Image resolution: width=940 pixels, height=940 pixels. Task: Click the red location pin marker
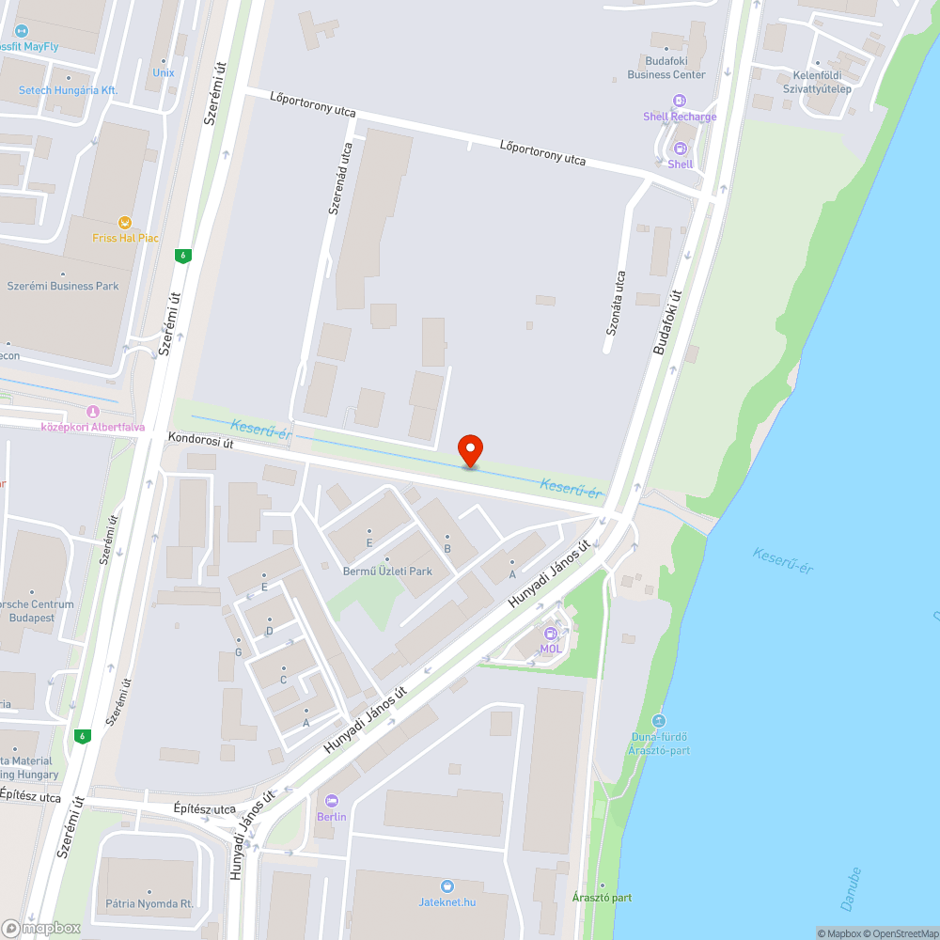point(470,451)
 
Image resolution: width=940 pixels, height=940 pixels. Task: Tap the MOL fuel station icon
point(551,634)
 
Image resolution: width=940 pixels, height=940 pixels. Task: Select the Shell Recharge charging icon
point(680,101)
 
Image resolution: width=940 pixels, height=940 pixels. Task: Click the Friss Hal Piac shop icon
point(124,223)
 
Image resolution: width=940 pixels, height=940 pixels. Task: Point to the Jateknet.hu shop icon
point(447,886)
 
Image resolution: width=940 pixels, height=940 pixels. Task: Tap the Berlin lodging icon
point(331,801)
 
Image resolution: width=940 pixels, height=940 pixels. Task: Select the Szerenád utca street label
point(340,179)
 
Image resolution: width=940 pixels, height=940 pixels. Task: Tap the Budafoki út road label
point(666,321)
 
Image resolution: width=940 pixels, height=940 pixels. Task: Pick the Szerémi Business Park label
point(63,286)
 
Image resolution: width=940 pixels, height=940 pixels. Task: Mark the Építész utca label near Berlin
point(205,808)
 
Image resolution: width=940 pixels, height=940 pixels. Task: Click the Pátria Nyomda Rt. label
point(149,903)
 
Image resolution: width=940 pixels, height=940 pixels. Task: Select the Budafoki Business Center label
point(666,68)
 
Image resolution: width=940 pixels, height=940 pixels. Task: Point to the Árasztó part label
point(603,898)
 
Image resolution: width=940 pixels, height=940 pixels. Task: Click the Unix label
point(164,72)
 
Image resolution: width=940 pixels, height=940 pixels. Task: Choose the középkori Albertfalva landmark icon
point(92,412)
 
